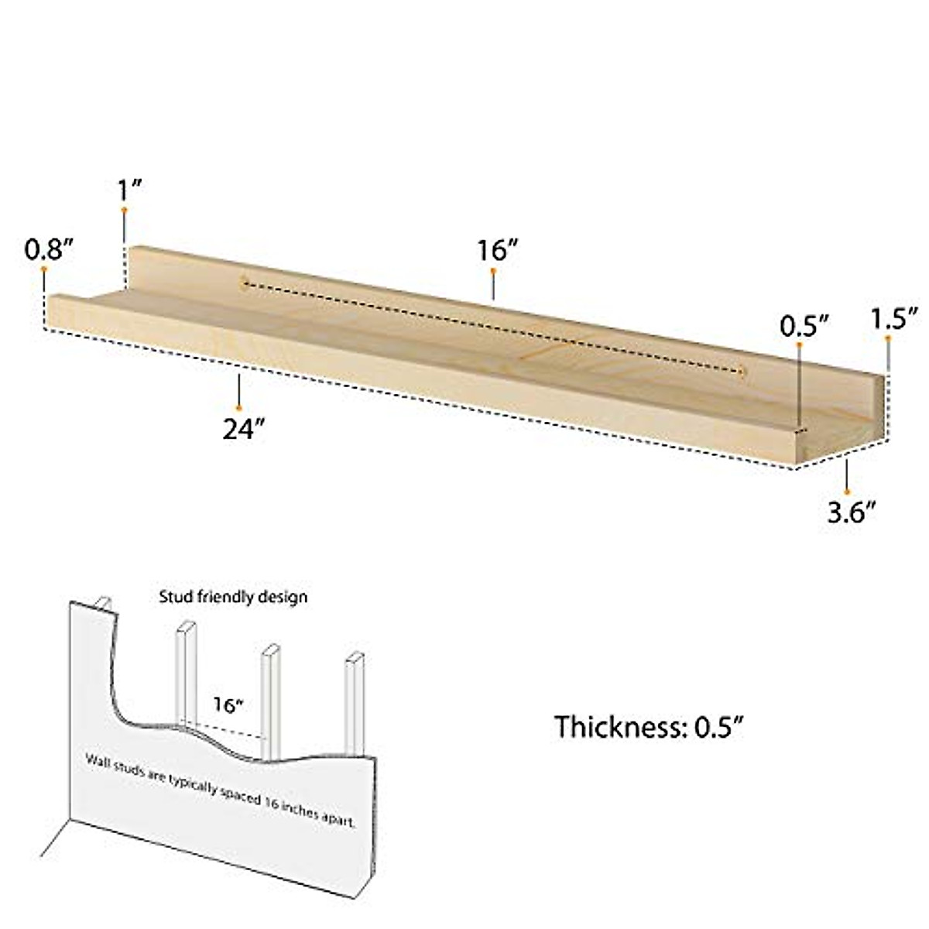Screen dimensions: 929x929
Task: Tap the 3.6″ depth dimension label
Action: click(852, 512)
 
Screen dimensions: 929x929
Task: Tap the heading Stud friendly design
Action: click(233, 597)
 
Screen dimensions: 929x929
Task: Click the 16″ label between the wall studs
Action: click(228, 705)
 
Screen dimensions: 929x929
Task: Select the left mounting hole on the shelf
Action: click(242, 283)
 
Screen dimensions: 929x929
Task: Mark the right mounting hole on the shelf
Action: click(742, 372)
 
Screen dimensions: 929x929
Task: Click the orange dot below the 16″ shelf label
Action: click(493, 270)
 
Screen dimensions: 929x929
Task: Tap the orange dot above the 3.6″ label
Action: click(848, 491)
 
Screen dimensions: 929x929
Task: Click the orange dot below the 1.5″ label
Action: click(889, 338)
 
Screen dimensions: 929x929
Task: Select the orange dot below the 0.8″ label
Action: click(44, 269)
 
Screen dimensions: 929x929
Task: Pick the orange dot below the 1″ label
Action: click(123, 210)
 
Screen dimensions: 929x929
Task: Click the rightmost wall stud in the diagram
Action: click(354, 704)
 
